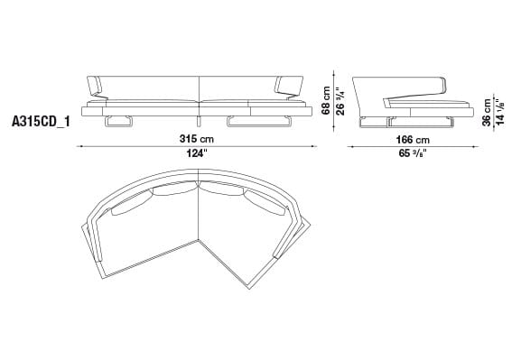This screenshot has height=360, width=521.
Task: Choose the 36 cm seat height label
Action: click(487, 110)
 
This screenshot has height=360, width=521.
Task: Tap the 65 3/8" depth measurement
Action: click(411, 153)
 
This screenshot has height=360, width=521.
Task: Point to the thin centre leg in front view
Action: click(197, 121)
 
